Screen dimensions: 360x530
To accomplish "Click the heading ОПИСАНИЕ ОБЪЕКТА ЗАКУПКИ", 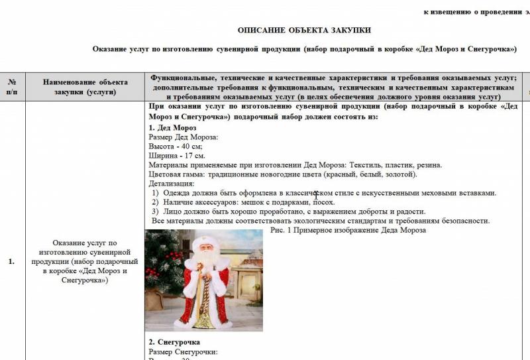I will [x=304, y=30].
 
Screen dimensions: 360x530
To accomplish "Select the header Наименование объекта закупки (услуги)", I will [x=85, y=87].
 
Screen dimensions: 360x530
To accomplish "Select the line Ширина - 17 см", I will [x=177, y=156].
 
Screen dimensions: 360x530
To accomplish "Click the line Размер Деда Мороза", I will [x=184, y=137].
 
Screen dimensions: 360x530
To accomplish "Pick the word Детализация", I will [x=172, y=184].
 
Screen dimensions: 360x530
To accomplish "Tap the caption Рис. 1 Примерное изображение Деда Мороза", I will [x=348, y=230].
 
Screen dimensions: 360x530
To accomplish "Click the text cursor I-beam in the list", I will [x=316, y=195].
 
